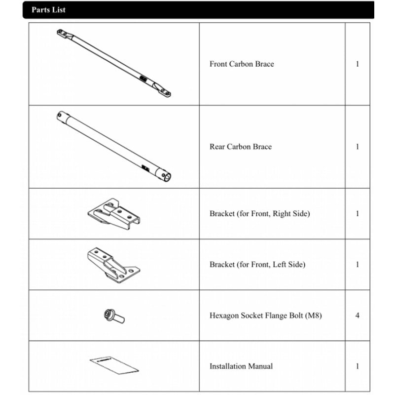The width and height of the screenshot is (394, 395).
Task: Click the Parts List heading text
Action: [48, 10]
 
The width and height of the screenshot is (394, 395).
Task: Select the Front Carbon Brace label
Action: [242, 64]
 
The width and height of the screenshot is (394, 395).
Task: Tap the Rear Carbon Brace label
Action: [241, 147]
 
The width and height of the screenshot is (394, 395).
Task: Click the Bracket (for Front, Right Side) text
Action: [259, 214]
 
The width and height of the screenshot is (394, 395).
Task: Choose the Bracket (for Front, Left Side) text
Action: [257, 265]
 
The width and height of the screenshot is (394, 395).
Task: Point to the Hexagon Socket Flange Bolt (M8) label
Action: [265, 316]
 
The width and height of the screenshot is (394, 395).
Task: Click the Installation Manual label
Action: [241, 366]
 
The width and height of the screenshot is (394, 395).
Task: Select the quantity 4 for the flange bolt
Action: [358, 316]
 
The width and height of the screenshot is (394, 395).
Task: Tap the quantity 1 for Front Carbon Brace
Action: [358, 64]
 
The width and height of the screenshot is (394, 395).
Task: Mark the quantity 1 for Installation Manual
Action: [358, 366]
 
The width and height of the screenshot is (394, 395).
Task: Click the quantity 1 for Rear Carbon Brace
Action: [358, 147]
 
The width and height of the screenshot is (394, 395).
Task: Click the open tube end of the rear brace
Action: [168, 175]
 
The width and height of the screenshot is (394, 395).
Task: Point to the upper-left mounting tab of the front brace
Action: [63, 33]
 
